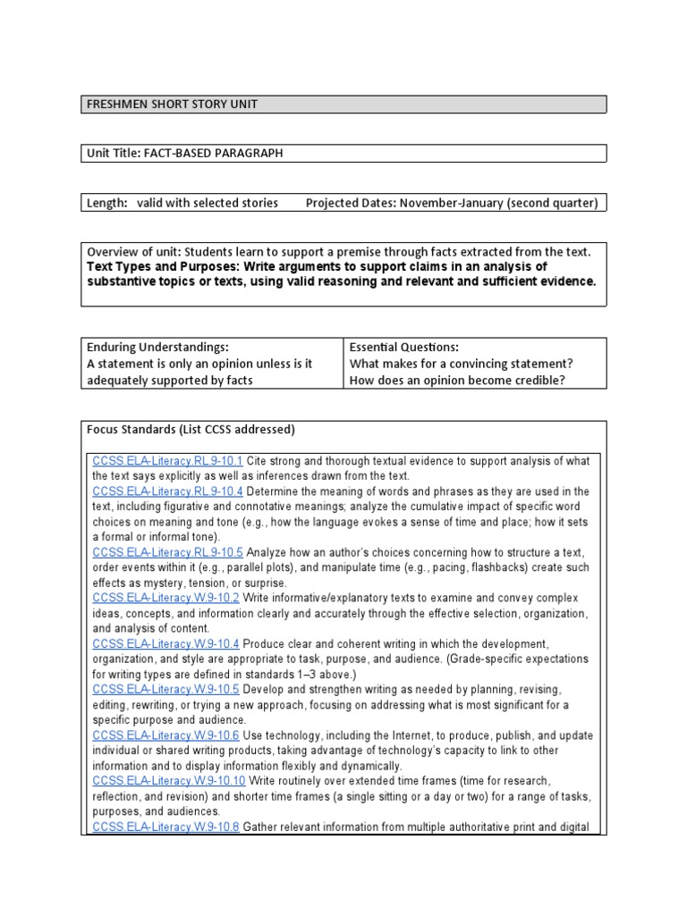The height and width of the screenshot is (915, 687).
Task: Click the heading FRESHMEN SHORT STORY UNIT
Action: (x=172, y=105)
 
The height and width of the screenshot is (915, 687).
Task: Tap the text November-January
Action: (x=452, y=203)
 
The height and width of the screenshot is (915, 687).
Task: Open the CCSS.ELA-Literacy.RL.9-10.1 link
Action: (x=167, y=461)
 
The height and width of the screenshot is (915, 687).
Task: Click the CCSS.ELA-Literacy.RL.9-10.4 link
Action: (x=167, y=491)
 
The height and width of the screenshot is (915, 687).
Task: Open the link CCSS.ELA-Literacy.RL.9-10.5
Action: (x=167, y=552)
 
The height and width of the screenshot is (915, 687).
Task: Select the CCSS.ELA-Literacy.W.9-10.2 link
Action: (x=166, y=598)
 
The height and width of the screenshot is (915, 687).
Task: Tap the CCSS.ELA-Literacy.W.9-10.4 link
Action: (x=166, y=643)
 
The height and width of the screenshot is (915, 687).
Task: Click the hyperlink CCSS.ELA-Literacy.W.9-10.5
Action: (x=166, y=690)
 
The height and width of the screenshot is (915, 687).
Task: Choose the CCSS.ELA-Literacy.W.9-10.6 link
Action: (x=166, y=735)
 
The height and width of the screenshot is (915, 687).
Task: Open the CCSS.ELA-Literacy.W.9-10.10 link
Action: (x=169, y=781)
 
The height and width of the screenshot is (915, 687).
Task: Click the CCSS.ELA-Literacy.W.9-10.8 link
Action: (x=166, y=827)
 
